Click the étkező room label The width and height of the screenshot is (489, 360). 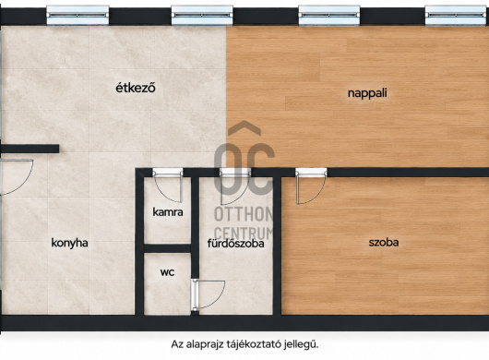point(136,88)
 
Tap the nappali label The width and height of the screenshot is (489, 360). point(367,93)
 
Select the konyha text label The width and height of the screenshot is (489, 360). point(69,243)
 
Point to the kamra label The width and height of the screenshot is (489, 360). point(168,212)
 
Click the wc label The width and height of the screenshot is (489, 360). point(168,272)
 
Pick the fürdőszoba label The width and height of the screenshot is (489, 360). point(236,244)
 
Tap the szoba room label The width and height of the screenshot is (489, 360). point(384,243)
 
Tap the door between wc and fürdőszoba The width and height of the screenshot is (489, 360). point(208,295)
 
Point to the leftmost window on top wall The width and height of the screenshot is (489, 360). point(78,15)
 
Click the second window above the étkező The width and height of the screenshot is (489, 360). point(202,15)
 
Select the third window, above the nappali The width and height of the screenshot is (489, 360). point(329,15)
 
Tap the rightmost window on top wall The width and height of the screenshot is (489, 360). point(457,15)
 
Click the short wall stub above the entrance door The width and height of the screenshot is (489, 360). point(30,149)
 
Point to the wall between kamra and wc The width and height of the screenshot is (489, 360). point(168,248)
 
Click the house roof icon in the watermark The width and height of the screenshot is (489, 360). point(244,128)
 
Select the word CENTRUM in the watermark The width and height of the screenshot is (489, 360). point(244,234)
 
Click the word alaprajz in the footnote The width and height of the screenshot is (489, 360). point(206,345)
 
